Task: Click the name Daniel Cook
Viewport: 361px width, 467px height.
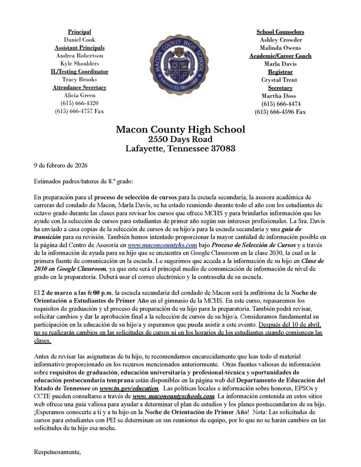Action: pyautogui.click(x=79, y=40)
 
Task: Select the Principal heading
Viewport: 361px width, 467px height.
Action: pyautogui.click(x=79, y=31)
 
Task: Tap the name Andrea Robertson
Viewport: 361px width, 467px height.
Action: pyautogui.click(x=79, y=56)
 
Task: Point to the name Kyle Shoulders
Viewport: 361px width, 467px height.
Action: pyautogui.click(x=79, y=63)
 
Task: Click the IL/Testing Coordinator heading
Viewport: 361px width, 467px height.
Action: pyautogui.click(x=79, y=72)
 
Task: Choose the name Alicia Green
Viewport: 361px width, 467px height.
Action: pyautogui.click(x=79, y=95)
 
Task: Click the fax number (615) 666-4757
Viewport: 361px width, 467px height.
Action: pyautogui.click(x=79, y=111)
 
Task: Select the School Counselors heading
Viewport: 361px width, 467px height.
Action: pyautogui.click(x=280, y=31)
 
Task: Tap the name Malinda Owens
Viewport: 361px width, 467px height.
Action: pyautogui.click(x=280, y=47)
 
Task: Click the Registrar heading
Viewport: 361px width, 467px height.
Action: pyautogui.click(x=280, y=72)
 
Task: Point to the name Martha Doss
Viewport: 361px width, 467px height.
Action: pyautogui.click(x=280, y=96)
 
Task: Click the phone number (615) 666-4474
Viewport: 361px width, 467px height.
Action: pyautogui.click(x=280, y=104)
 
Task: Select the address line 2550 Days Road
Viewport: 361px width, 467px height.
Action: pyautogui.click(x=180, y=139)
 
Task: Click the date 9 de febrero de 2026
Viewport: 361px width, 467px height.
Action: pyautogui.click(x=61, y=165)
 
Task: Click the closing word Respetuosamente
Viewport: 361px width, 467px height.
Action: pyautogui.click(x=58, y=452)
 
